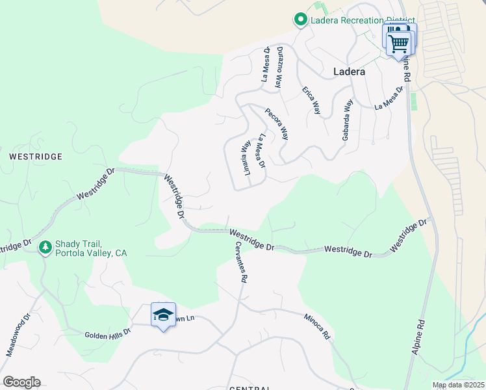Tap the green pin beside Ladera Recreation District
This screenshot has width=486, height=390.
point(300,20)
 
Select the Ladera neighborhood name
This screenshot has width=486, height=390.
point(349,71)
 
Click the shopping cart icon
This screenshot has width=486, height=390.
point(399,44)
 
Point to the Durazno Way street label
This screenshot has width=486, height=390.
point(279,68)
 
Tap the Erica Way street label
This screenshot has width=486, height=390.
point(312,100)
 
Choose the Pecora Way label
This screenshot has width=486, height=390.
point(277,123)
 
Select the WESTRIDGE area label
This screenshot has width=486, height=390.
point(36,157)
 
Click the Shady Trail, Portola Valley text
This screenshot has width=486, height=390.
point(91,248)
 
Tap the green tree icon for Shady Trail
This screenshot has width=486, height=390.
point(45,247)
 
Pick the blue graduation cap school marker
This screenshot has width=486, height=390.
point(163,315)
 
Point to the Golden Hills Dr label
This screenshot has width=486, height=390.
point(108,333)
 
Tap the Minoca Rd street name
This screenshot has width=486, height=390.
point(318,327)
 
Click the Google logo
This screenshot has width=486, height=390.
point(22,382)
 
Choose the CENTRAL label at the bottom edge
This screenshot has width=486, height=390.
point(250,388)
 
